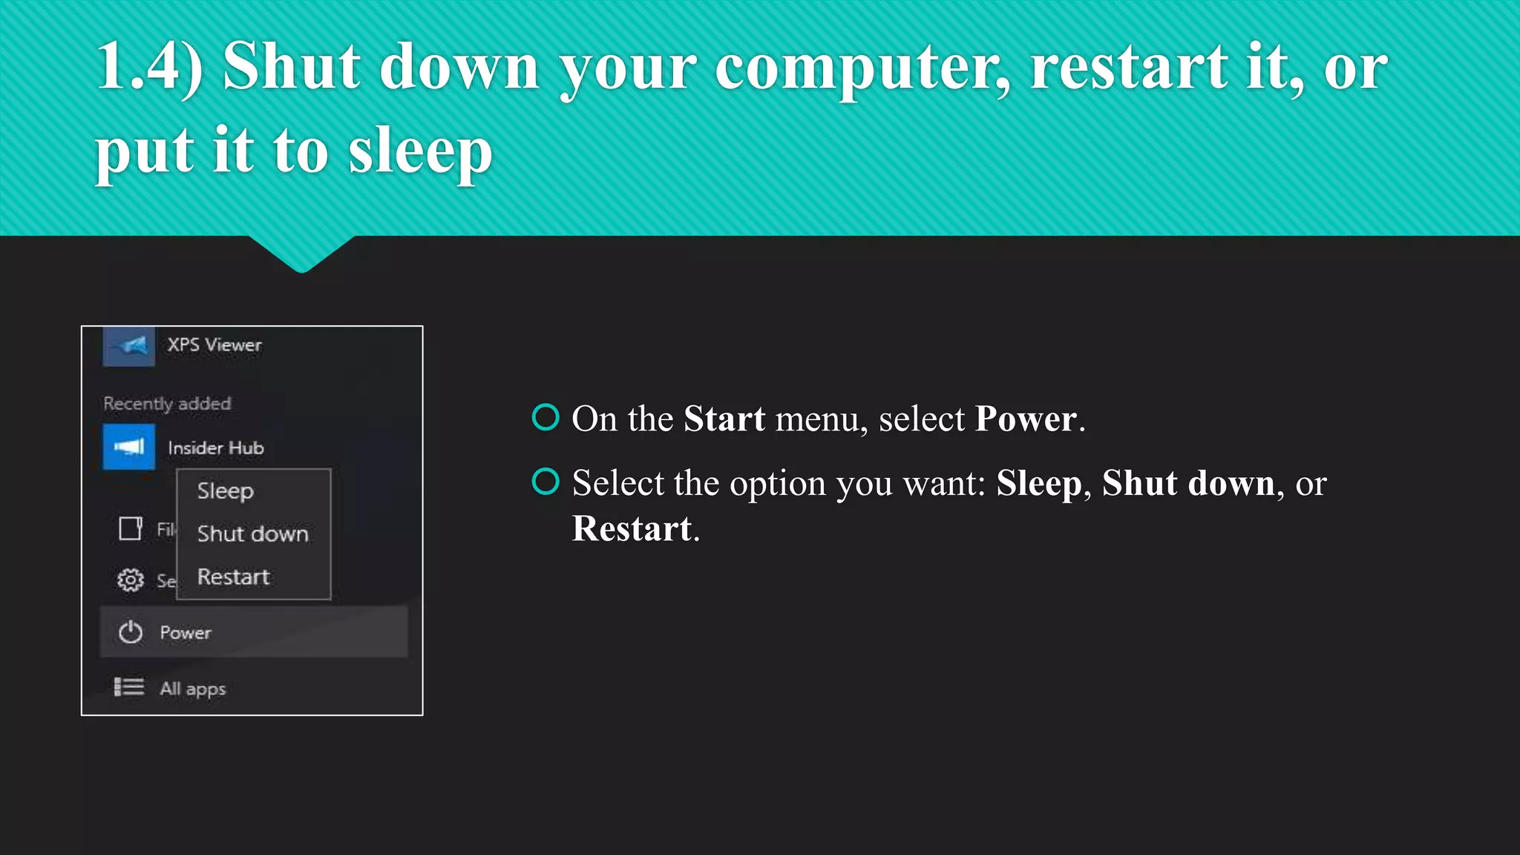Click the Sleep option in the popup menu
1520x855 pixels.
pos(226,491)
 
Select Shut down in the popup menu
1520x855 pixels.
pos(252,534)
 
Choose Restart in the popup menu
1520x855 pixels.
pos(233,577)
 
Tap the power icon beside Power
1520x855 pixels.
pos(131,632)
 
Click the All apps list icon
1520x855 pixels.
pos(129,687)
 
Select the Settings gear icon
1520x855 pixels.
pos(131,580)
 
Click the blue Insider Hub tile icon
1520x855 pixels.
pos(129,447)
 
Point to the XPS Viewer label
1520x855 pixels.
pos(214,345)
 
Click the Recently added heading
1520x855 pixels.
pos(167,404)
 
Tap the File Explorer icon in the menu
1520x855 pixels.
pos(131,528)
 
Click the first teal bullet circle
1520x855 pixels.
pos(546,417)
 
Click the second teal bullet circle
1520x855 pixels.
pos(546,482)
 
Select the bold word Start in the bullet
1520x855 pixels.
pos(724,419)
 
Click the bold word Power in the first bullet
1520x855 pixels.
pos(1025,419)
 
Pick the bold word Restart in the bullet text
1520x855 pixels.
pos(632,529)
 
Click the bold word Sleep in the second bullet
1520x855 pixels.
pos(1038,484)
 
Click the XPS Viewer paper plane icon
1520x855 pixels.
pos(130,346)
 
